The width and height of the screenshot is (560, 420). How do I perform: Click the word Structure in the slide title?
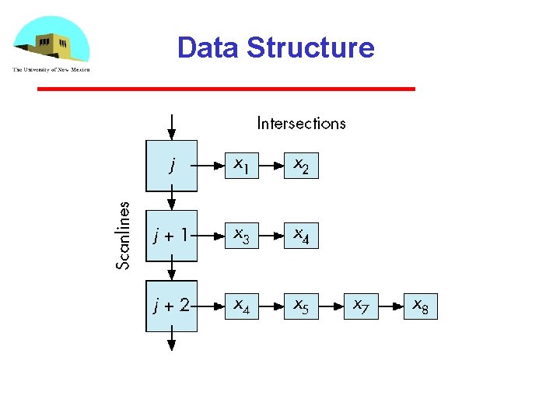(310, 47)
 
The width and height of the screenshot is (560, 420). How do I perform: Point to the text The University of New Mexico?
(51, 69)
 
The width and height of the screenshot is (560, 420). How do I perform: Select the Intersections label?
(301, 123)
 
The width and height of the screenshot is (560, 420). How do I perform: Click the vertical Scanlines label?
(123, 235)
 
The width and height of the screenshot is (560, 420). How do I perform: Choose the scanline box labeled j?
(172, 165)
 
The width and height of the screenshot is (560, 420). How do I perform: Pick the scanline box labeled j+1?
(172, 235)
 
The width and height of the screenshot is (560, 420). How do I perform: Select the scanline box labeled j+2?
(172, 306)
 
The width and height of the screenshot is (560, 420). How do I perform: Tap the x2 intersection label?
(300, 166)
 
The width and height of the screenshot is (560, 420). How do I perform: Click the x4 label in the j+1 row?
(300, 235)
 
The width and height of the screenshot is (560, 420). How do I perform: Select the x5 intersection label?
(300, 306)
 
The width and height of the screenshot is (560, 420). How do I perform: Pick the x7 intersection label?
(360, 306)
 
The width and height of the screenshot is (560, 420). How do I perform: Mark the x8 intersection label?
(420, 306)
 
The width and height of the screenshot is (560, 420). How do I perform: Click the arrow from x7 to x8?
(390, 306)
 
